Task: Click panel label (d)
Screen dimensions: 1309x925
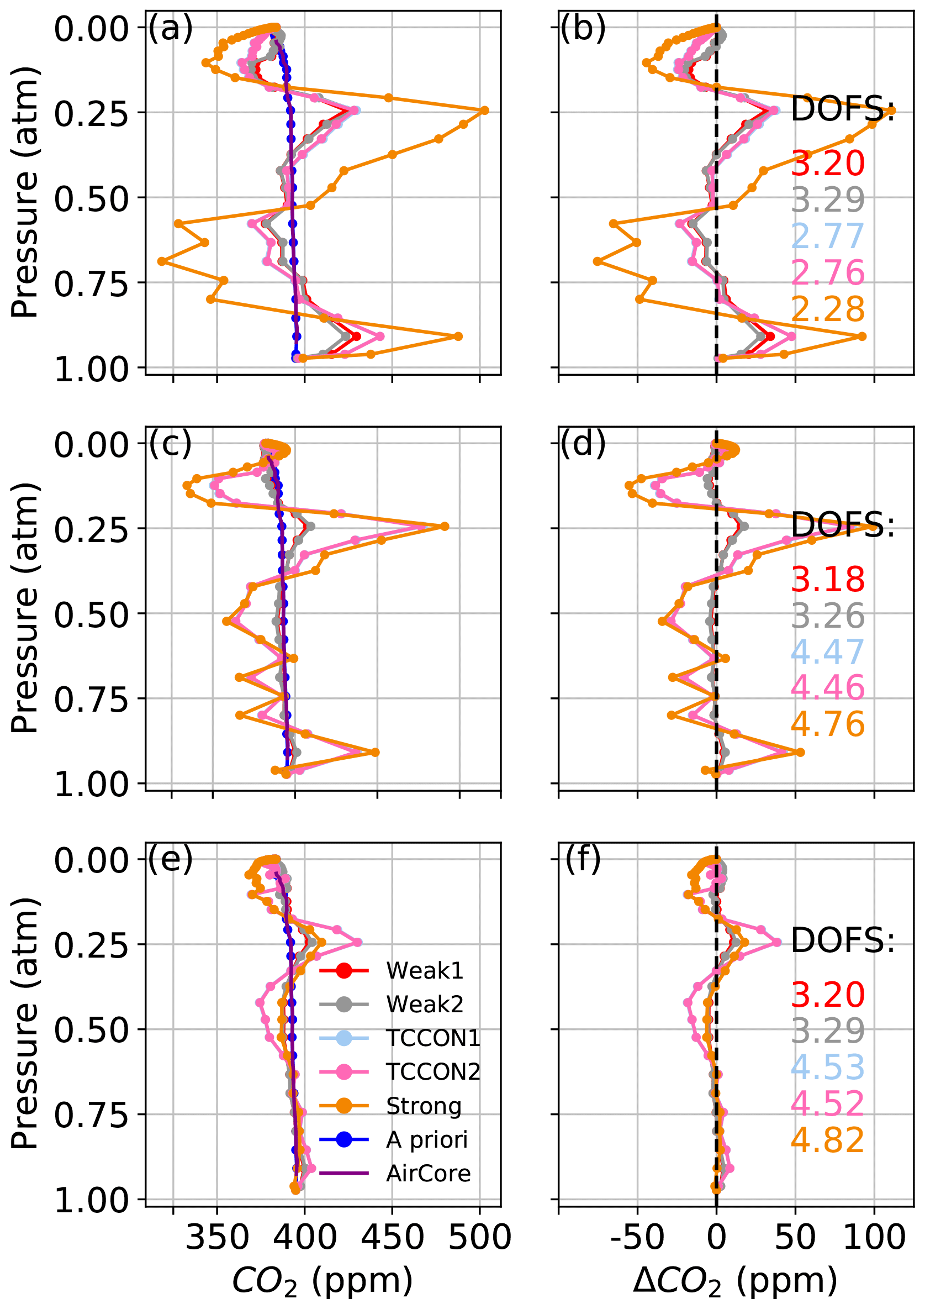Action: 583,444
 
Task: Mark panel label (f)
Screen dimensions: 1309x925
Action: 583,860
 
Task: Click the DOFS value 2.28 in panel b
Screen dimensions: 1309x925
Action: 828,309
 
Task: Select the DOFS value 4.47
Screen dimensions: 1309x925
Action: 828,652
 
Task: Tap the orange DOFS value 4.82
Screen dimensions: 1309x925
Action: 828,1140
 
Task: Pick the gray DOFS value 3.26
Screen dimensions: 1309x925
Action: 828,616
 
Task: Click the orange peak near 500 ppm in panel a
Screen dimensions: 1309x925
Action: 484,111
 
